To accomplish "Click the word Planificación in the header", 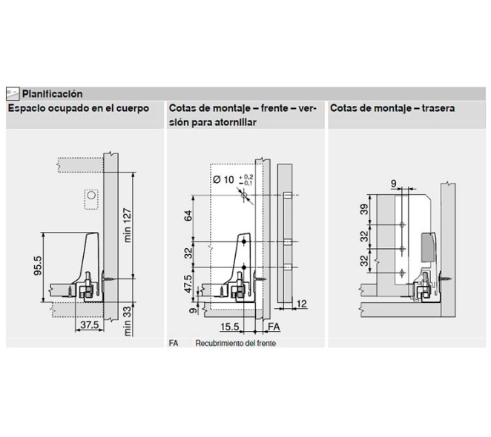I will (52, 94).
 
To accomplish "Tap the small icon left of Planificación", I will (13, 94).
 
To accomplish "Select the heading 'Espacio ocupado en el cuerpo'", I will (79, 108).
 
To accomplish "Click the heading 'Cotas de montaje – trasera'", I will (392, 108).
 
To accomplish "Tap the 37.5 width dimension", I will (89, 325).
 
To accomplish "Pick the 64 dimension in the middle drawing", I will (188, 218).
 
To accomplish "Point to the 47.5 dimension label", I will (188, 283).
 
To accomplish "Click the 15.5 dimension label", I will (230, 325).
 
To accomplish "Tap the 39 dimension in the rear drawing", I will (364, 209).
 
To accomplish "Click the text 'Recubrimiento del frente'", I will (235, 344).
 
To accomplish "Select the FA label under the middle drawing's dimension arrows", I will (272, 325).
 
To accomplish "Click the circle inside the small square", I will (90, 198).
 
